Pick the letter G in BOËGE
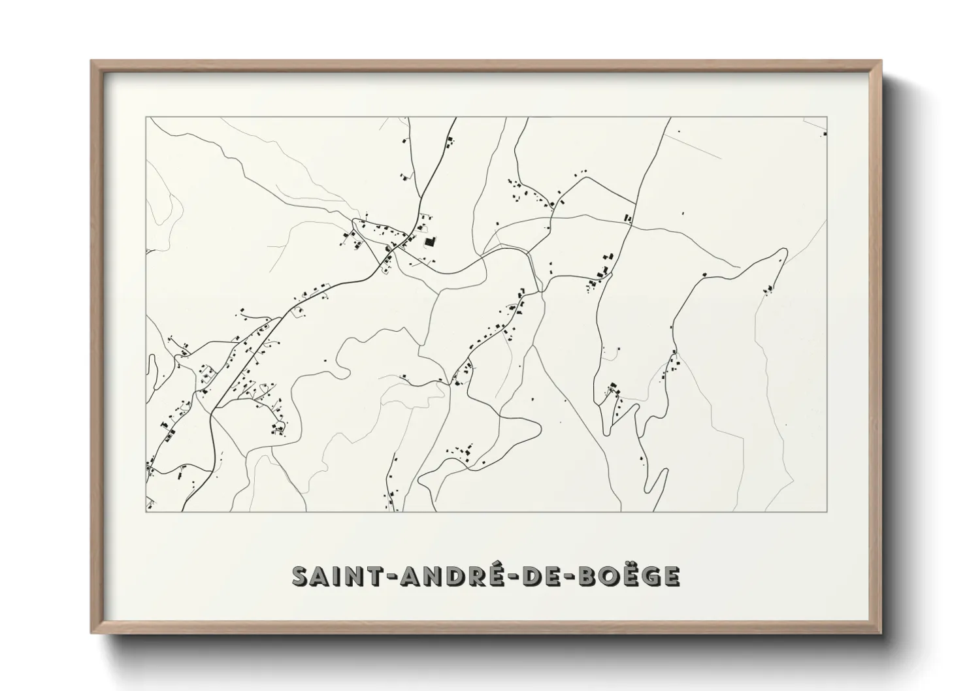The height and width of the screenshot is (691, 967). pos(655,577)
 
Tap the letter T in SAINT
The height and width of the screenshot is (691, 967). pos(366,577)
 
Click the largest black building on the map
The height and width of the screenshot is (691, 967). pos(429,242)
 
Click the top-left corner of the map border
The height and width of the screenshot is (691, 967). pos(146,117)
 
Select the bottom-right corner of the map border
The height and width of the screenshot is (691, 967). pos(827,511)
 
